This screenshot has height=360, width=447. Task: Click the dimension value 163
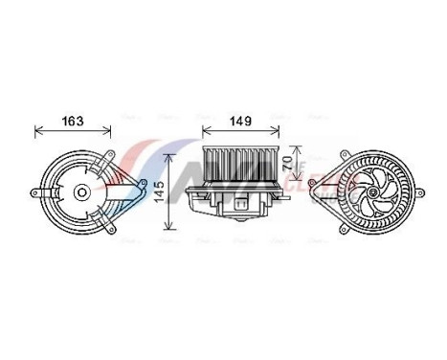click(73, 122)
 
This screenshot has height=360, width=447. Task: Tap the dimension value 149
click(239, 122)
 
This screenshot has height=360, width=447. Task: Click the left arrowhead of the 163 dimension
click(37, 132)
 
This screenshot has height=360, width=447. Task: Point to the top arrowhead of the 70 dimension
click(300, 143)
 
